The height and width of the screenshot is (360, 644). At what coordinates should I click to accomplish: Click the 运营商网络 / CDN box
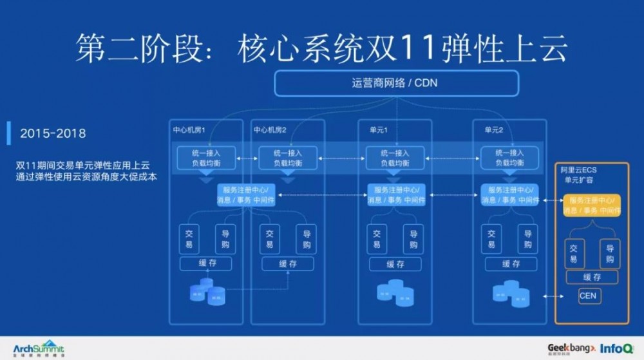396,83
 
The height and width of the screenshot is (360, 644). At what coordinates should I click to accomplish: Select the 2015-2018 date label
53,133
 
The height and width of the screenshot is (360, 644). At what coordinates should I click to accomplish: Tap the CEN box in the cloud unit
587,296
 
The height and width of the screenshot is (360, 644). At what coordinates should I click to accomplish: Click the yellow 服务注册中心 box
592,205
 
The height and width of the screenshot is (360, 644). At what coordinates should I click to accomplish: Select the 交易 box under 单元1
377,240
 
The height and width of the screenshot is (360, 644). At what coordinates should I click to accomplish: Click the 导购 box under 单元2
527,240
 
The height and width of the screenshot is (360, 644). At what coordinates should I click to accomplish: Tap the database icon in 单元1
395,293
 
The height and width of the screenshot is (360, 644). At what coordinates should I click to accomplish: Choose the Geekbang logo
571,348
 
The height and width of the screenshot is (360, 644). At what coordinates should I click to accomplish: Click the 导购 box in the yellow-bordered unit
609,254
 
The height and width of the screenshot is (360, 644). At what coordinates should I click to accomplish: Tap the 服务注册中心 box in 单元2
509,194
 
